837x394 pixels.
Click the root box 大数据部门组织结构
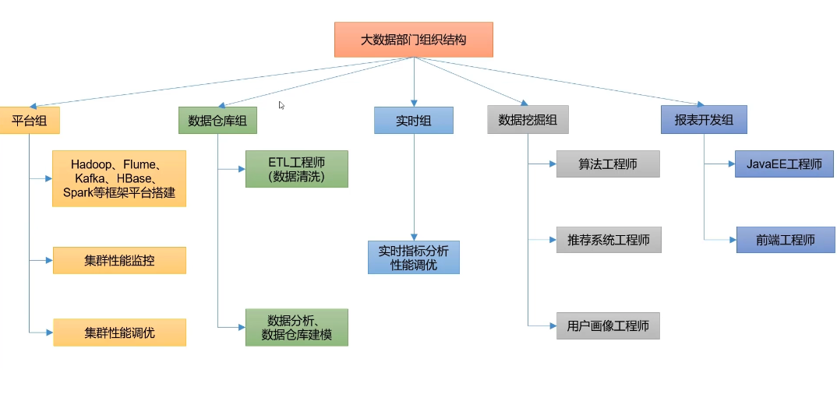click(414, 40)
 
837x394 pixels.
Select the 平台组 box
click(30, 121)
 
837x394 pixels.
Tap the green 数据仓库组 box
click(217, 121)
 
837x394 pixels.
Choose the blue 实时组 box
click(414, 121)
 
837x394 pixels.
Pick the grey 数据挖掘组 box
click(528, 120)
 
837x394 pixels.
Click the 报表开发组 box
click(704, 120)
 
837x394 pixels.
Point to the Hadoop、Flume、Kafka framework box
click(119, 178)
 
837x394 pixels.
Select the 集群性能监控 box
click(119, 260)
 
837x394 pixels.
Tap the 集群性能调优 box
click(119, 332)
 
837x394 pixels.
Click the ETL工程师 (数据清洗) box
click(297, 169)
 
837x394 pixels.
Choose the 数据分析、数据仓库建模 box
click(297, 327)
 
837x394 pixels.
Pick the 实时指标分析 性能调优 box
click(414, 258)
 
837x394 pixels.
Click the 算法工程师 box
click(608, 164)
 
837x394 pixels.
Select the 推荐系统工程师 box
click(609, 240)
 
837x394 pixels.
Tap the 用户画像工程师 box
click(608, 325)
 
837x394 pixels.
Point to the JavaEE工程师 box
click(784, 164)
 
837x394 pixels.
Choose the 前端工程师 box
click(786, 240)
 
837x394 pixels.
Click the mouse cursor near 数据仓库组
click(281, 105)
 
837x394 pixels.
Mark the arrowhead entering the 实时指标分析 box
click(414, 237)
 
